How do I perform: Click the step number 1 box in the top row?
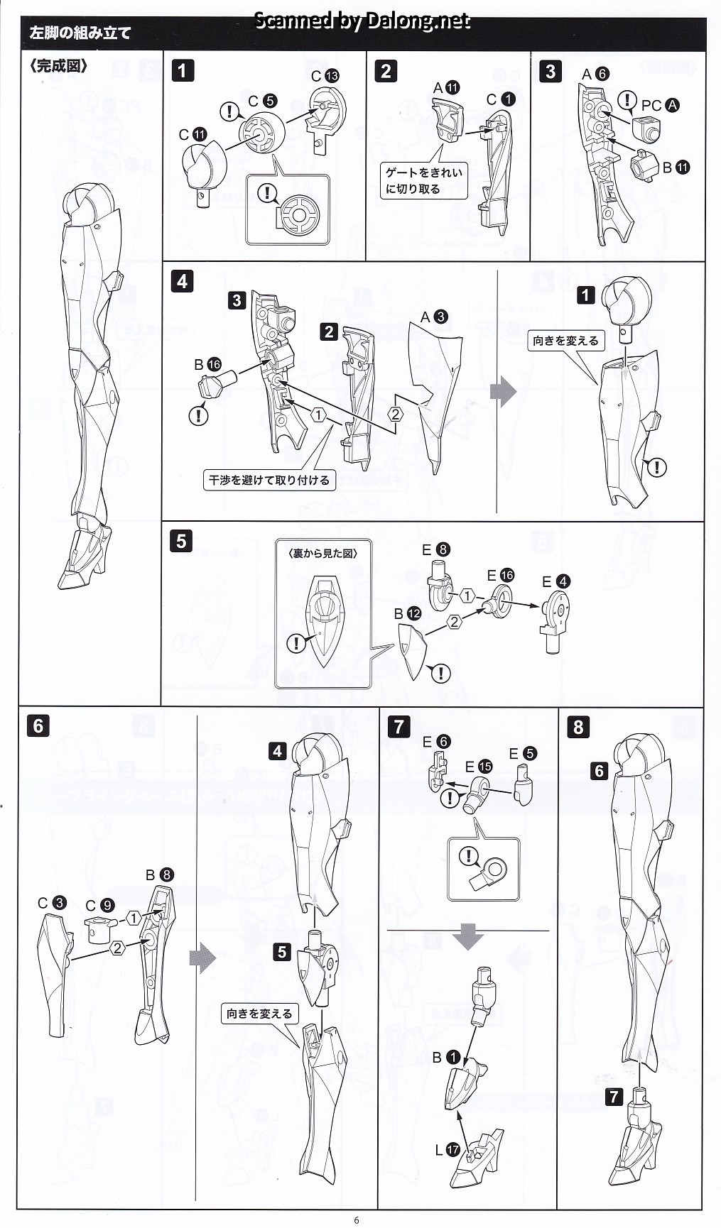pos(183,70)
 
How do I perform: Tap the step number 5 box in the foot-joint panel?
pos(181,541)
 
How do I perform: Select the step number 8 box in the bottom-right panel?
pos(578,726)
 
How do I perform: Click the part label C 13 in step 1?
pos(325,76)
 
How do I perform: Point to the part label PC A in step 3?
pos(660,105)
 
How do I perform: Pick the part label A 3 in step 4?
pos(433,317)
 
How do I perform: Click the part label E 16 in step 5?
pos(500,575)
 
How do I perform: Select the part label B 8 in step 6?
pos(159,875)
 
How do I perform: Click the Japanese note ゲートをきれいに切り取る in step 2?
pos(423,181)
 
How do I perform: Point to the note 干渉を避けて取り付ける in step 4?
pos(269,481)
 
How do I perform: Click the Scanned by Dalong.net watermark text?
pos(362,21)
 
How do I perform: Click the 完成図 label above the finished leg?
pos(59,67)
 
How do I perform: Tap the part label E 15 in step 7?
pos(477,767)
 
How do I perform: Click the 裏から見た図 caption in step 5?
pos(323,554)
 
